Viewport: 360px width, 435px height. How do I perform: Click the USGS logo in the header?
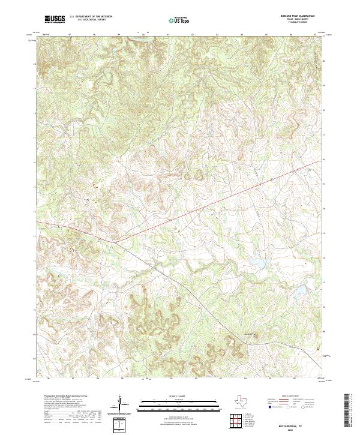55,20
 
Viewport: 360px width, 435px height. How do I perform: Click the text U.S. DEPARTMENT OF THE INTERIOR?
91,18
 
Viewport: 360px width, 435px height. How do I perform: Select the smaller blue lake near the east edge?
298,292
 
